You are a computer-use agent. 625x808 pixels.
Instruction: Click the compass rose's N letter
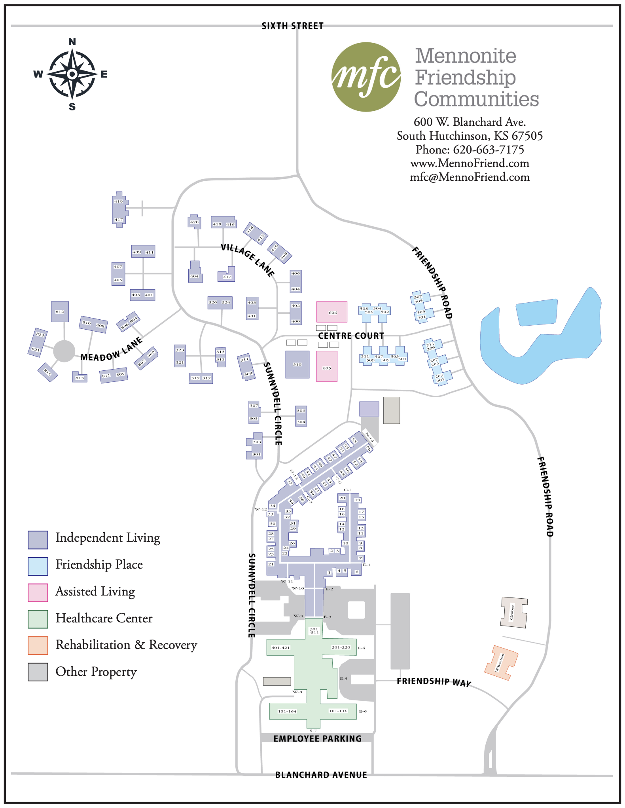(x=72, y=42)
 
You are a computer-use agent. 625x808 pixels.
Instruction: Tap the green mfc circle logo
(x=366, y=77)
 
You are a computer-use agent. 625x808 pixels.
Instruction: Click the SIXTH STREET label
(x=292, y=26)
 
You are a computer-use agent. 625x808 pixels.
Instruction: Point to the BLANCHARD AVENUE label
(x=321, y=775)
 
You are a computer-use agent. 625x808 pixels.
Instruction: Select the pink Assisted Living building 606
(x=332, y=312)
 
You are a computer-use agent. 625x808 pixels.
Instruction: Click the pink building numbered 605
(x=327, y=367)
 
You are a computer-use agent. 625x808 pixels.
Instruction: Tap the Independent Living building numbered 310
(x=297, y=364)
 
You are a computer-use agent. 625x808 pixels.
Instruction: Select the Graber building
(x=513, y=613)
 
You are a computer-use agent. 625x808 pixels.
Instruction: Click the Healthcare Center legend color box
(x=38, y=619)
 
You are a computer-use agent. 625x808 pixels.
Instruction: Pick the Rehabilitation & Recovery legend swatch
(x=38, y=645)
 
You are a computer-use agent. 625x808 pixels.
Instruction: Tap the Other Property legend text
(x=96, y=672)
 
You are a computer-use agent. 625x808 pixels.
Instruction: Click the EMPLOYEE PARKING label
(x=317, y=738)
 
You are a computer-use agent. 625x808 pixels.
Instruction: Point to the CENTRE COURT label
(x=351, y=336)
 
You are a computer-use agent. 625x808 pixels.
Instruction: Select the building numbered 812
(x=60, y=311)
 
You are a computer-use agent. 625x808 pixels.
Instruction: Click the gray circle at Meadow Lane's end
(x=64, y=351)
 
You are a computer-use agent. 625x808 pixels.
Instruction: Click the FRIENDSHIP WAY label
(x=434, y=681)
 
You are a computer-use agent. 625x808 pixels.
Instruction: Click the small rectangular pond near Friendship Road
(x=536, y=313)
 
